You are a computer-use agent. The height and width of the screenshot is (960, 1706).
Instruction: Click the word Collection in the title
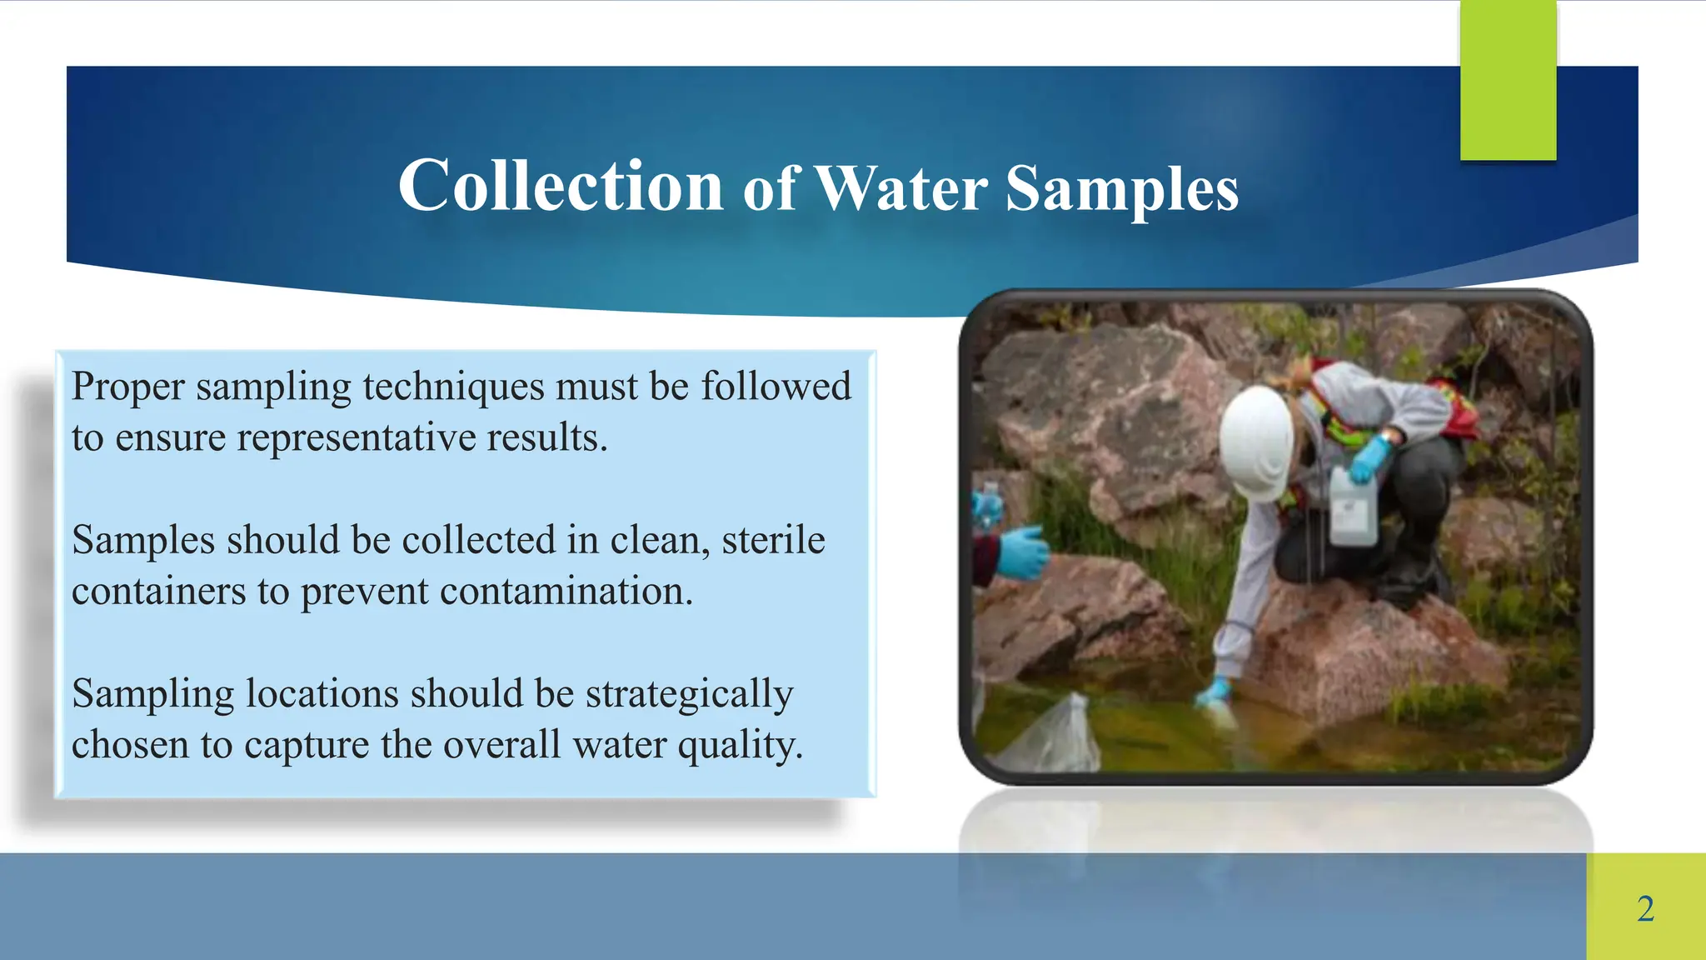pyautogui.click(x=560, y=187)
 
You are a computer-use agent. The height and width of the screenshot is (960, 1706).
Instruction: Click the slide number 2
pyautogui.click(x=1645, y=908)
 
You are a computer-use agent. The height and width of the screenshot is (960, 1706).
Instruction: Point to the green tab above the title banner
pyautogui.click(x=1508, y=80)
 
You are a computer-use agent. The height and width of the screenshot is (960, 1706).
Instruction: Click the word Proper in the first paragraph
pyautogui.click(x=127, y=387)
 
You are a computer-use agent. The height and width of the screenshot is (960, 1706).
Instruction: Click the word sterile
pyautogui.click(x=773, y=540)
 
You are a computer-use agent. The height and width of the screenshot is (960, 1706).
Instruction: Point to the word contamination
pyautogui.click(x=566, y=592)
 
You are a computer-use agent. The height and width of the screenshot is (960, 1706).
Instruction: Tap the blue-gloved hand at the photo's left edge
pyautogui.click(x=1020, y=552)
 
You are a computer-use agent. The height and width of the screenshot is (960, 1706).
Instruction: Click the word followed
pyautogui.click(x=776, y=387)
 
